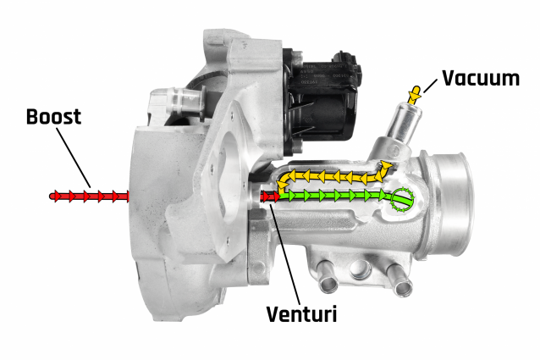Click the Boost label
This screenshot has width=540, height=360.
(x=53, y=117)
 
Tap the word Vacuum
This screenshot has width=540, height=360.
(x=481, y=78)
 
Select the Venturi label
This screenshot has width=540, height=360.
(x=301, y=314)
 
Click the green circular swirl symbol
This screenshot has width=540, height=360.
(x=402, y=200)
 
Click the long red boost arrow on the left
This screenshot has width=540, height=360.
(x=90, y=197)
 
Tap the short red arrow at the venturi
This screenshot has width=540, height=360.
(x=270, y=197)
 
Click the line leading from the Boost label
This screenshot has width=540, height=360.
(x=74, y=158)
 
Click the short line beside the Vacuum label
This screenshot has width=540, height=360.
(x=430, y=86)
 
